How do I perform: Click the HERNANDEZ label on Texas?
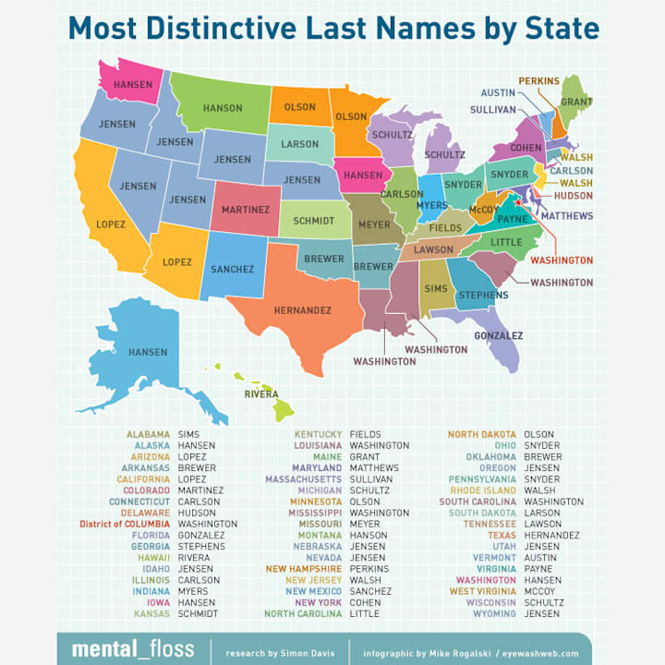point(302,310)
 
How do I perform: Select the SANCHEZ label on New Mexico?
point(231,269)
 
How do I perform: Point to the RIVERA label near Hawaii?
point(261,393)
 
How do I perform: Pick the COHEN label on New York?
point(526,148)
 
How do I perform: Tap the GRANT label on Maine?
point(576,101)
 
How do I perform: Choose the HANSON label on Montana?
point(223,108)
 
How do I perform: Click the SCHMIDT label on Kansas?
point(313,222)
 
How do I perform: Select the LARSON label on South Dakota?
point(299,144)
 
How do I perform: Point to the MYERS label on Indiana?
point(432,204)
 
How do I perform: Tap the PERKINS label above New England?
point(538,81)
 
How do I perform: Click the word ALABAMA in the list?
point(148,434)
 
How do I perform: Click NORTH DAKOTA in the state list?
point(482,434)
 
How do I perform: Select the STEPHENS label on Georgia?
point(483,295)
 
